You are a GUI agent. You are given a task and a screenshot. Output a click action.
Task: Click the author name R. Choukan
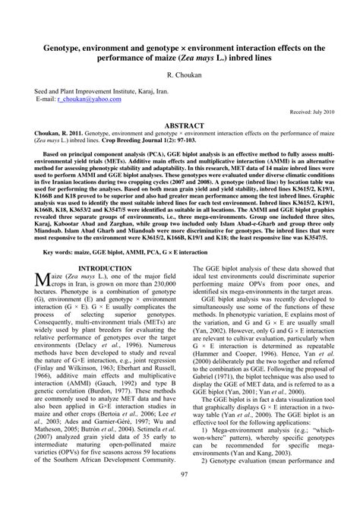pos(179,77)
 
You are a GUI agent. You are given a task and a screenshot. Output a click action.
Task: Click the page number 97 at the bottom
pos(180,495)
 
